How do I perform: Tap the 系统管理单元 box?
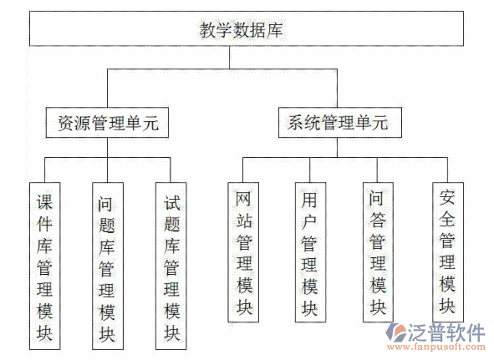(337, 123)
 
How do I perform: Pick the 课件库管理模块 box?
(45, 266)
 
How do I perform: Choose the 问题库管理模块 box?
(106, 266)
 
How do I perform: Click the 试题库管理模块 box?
(171, 266)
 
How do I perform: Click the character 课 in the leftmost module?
(45, 202)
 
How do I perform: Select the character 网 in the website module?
(244, 200)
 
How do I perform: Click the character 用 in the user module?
(309, 200)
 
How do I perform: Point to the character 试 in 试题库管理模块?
(171, 202)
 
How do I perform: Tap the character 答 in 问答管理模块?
(376, 221)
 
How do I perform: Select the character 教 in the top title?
(207, 30)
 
